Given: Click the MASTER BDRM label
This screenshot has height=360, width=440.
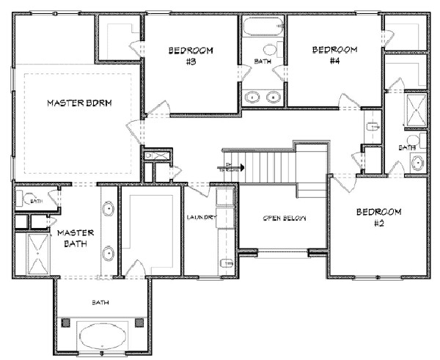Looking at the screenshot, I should point(79,103).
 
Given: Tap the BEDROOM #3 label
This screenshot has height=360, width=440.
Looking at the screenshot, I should point(190,56).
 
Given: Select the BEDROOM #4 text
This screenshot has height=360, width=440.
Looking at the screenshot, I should point(334,55).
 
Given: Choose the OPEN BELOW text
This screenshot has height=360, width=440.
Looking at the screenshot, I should point(283,218).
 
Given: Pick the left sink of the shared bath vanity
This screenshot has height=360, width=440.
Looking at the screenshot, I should point(254,95).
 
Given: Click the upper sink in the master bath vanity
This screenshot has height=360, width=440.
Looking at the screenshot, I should point(109,209).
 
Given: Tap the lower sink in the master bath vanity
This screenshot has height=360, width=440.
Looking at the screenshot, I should point(109,254).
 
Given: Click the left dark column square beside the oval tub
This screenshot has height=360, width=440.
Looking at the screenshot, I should point(68,324).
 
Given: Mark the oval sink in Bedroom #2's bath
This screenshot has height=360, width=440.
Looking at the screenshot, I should point(417,163).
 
